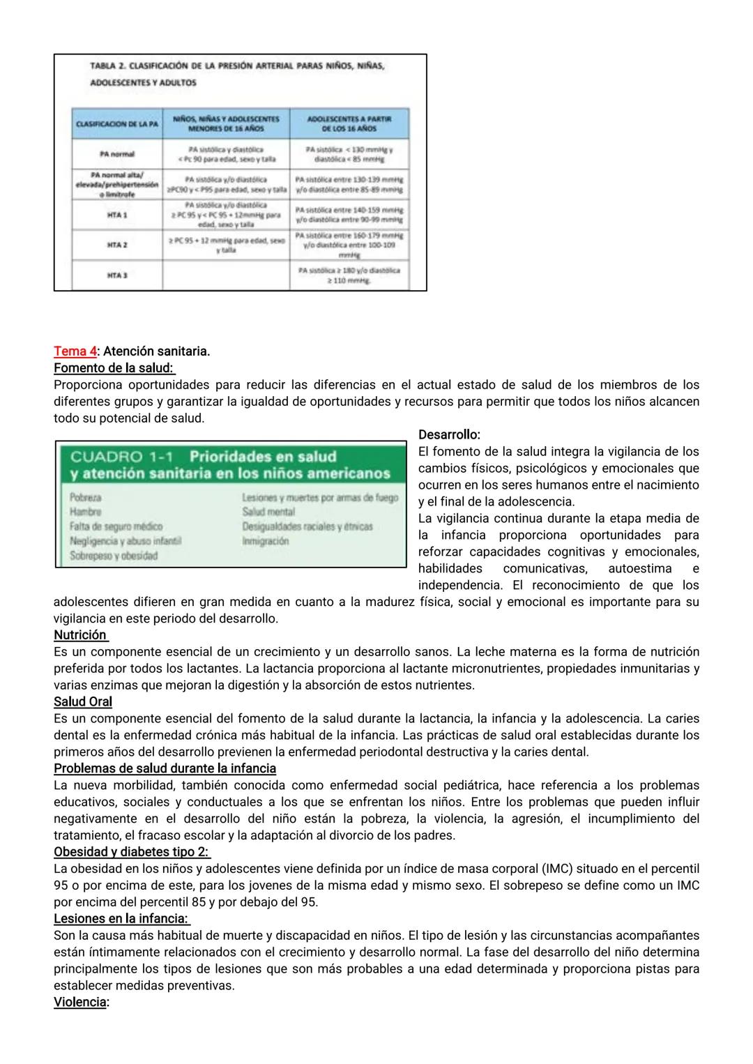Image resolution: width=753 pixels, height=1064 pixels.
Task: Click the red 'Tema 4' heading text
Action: (75, 351)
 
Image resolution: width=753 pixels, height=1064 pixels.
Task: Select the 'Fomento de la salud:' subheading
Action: (114, 368)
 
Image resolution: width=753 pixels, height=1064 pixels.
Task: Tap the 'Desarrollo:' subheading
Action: (449, 435)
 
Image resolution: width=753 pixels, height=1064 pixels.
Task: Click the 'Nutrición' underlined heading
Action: (80, 635)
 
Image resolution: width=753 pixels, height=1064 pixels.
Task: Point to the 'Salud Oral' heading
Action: (82, 702)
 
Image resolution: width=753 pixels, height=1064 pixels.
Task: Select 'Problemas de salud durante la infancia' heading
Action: (165, 768)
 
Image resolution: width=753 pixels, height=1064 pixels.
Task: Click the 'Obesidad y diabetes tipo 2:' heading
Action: (131, 852)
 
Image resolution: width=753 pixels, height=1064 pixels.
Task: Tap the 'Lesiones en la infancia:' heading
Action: (121, 919)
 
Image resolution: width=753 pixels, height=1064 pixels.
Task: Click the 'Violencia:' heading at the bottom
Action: (81, 1003)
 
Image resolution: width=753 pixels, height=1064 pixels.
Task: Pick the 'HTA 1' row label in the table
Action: (116, 215)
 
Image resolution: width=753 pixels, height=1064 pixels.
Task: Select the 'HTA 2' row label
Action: (116, 245)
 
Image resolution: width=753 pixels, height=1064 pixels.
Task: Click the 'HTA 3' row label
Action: (116, 275)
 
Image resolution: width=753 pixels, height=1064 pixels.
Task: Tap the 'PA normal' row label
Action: (116, 153)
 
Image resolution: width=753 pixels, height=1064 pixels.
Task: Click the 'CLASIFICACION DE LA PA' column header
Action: (116, 123)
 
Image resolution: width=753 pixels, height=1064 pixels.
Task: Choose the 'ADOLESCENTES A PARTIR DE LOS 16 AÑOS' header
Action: (349, 123)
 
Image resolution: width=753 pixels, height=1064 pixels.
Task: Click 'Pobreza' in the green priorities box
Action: (85, 498)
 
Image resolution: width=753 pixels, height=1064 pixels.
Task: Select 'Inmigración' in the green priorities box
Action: (265, 541)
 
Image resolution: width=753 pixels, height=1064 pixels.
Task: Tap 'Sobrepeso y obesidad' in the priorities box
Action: (114, 556)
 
